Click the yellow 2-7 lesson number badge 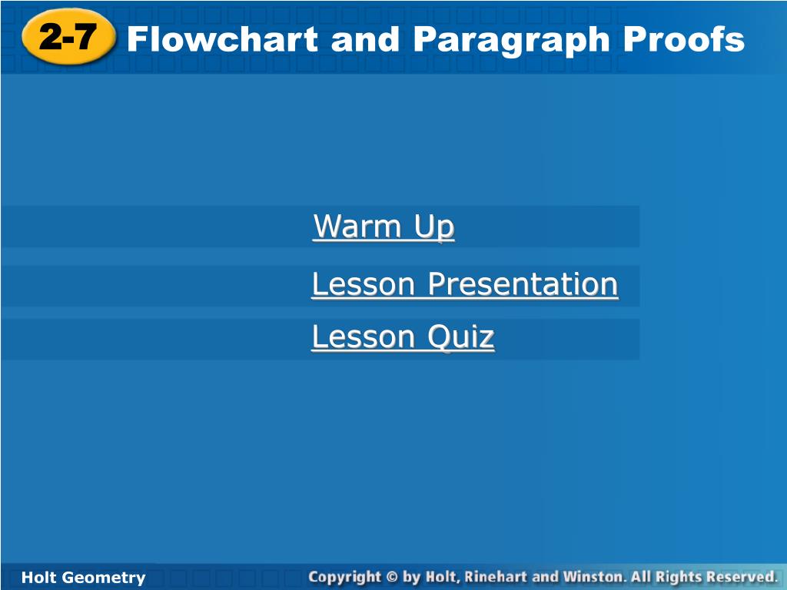68,37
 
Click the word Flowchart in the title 222,39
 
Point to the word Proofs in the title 683,39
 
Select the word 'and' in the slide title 365,39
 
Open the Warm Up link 384,227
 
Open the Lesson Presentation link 465,284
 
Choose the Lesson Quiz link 403,336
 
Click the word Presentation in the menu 523,284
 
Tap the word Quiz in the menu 461,336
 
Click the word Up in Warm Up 434,228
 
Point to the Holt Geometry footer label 83,578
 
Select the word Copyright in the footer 345,578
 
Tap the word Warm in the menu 357,227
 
